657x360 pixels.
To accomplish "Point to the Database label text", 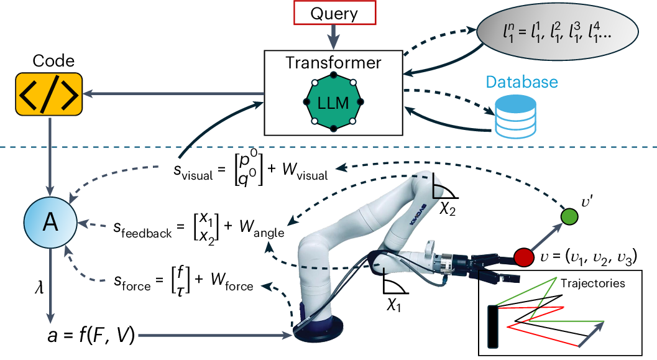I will (521, 82).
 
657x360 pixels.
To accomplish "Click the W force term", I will (231, 286).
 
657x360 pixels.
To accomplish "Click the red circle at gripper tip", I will (524, 256).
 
